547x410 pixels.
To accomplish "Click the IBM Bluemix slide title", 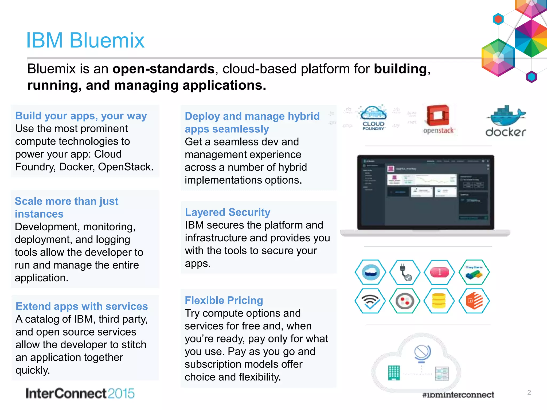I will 85,40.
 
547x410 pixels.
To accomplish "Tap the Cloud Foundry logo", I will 373,117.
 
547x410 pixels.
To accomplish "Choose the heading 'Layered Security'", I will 228,212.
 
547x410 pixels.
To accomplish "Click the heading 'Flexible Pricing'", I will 224,300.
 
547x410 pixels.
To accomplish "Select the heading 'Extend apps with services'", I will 82,306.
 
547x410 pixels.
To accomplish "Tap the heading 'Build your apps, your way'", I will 81,116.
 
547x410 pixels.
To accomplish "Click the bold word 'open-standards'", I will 163,69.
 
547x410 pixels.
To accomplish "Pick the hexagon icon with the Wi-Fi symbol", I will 370,301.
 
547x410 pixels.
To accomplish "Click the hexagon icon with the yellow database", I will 439,301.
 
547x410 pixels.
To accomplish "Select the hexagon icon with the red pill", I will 439,272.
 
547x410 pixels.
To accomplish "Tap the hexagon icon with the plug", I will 405,272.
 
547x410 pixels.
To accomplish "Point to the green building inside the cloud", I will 394,373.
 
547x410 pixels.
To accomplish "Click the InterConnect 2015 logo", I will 80,393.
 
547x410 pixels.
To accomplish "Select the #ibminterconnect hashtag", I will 458,395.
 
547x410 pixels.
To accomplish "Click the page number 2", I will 529,392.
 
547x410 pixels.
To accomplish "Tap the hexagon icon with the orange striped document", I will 474,301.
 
